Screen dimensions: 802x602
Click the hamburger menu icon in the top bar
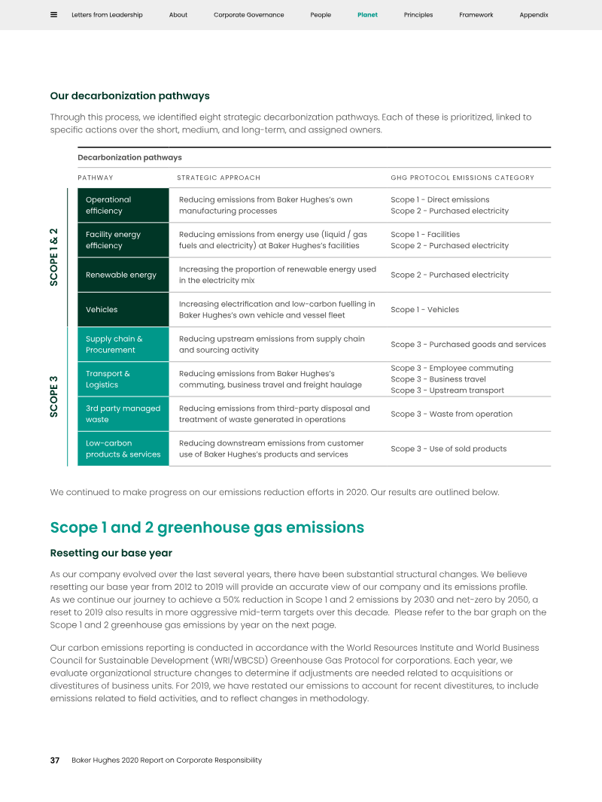pyautogui.click(x=53, y=15)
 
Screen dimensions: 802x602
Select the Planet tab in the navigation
pyautogui.click(x=367, y=15)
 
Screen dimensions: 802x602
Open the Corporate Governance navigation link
pyautogui.click(x=248, y=15)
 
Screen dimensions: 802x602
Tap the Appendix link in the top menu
pyautogui.click(x=534, y=15)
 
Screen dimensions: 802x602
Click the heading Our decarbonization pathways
pyautogui.click(x=129, y=96)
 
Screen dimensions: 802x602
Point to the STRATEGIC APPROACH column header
pyautogui.click(x=218, y=178)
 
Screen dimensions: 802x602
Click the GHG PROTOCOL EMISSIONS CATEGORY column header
pyautogui.click(x=462, y=178)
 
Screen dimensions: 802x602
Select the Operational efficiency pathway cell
pyautogui.click(x=123, y=205)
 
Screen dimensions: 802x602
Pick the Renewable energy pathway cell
pyautogui.click(x=123, y=275)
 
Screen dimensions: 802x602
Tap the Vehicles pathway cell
pyautogui.click(x=123, y=309)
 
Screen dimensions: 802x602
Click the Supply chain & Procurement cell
pyautogui.click(x=123, y=345)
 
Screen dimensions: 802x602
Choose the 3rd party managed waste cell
pyautogui.click(x=123, y=414)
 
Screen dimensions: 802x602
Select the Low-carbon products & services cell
pyautogui.click(x=123, y=448)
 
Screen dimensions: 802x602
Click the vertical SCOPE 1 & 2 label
pyautogui.click(x=54, y=257)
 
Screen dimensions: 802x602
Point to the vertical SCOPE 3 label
pyautogui.click(x=54, y=396)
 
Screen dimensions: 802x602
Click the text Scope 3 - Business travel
pyautogui.click(x=438, y=379)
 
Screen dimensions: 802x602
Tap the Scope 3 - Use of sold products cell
pyautogui.click(x=448, y=449)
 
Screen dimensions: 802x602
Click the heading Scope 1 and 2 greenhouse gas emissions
pyautogui.click(x=207, y=527)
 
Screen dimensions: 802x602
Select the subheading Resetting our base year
pyautogui.click(x=111, y=553)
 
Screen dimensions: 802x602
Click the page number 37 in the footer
pyautogui.click(x=55, y=760)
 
